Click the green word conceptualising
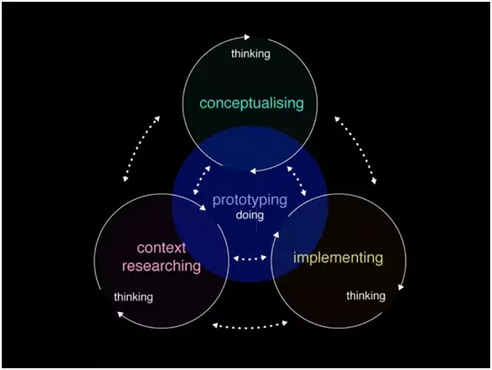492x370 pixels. click(x=251, y=103)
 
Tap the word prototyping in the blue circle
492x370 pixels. click(x=250, y=200)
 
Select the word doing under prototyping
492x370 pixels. click(x=250, y=215)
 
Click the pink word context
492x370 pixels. click(x=161, y=248)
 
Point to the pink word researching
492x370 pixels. click(x=161, y=266)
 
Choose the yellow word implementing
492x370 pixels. click(x=339, y=258)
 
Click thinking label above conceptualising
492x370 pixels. click(x=250, y=54)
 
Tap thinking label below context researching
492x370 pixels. click(x=133, y=297)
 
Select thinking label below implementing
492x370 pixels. click(x=366, y=296)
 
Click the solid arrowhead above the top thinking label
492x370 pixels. click(x=247, y=37)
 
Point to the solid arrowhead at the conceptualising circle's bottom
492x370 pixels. click(x=253, y=170)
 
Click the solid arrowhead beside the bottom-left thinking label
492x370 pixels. click(x=120, y=313)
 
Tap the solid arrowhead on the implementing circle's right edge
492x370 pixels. click(x=400, y=287)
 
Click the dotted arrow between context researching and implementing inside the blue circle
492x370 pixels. click(x=250, y=259)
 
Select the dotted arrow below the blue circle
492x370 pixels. click(x=250, y=326)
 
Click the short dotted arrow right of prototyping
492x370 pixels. click(x=297, y=180)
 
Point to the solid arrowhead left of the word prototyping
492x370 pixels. click(x=203, y=208)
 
